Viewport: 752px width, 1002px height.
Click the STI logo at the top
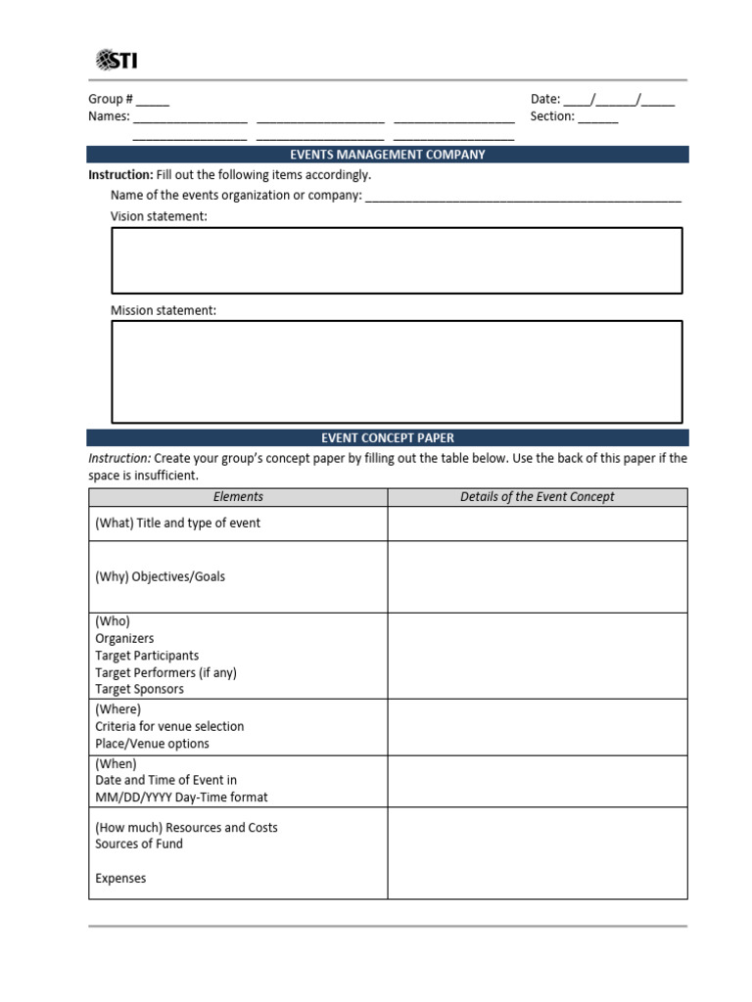click(117, 61)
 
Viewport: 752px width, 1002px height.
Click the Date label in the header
click(544, 99)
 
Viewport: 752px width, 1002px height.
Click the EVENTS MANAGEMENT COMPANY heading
click(387, 155)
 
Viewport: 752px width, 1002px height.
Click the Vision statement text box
click(397, 260)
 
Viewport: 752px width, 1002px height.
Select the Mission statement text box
click(397, 371)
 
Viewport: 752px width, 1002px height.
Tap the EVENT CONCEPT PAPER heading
click(387, 438)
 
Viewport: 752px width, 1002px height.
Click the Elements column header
click(238, 497)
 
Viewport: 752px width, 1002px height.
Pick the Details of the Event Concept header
click(537, 497)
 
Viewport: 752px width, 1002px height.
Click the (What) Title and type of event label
click(177, 523)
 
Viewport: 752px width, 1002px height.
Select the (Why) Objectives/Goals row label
click(160, 576)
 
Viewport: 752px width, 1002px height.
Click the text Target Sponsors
click(139, 689)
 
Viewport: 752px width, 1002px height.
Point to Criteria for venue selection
click(169, 726)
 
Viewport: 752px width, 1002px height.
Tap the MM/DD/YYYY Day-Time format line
click(181, 797)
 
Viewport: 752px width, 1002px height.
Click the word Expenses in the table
click(120, 879)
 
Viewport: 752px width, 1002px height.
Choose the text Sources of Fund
click(139, 843)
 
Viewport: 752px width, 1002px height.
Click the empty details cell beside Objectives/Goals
click(537, 576)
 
